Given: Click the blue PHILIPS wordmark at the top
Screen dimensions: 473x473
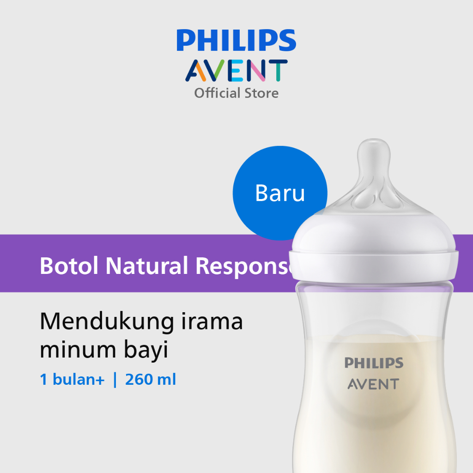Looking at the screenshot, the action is click(x=236, y=40).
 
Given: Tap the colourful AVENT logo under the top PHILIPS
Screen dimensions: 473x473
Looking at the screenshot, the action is click(x=236, y=71).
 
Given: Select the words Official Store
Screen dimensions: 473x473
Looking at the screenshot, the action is click(x=236, y=93).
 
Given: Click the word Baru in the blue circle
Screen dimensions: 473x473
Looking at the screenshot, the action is click(x=280, y=193).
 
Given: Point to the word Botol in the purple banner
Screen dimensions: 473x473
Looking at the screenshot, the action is click(x=69, y=266).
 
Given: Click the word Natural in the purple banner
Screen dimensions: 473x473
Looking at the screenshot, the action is click(x=146, y=266).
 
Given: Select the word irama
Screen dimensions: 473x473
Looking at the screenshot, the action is click(x=212, y=321).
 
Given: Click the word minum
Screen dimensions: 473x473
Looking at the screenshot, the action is click(x=78, y=350).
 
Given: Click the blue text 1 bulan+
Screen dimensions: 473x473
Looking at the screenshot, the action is click(x=72, y=380).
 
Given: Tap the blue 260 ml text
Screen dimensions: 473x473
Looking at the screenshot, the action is click(x=151, y=380).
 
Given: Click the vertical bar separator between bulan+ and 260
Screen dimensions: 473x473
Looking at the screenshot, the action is click(x=115, y=380).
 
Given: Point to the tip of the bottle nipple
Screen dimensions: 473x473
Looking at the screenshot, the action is click(x=374, y=139).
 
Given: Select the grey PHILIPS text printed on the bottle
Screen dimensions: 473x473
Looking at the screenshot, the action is click(x=374, y=363).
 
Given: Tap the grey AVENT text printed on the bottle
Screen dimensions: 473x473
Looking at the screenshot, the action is click(x=373, y=384).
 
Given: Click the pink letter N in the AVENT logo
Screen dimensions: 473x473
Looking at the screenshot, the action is click(x=256, y=71).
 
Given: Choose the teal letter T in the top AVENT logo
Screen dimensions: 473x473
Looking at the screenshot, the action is click(x=278, y=71).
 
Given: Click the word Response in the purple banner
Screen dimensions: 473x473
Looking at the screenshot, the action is click(x=245, y=266).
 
